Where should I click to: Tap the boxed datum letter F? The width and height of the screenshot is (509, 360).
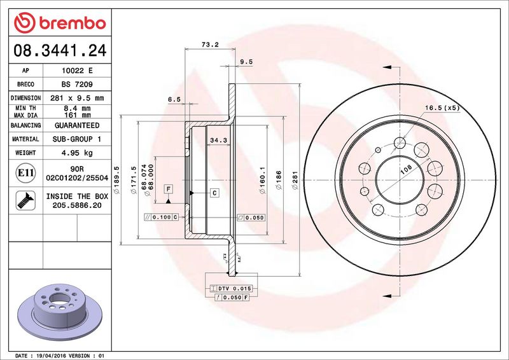169,189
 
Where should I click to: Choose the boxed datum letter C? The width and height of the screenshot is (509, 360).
214,192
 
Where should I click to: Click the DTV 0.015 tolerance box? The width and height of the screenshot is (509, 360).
229,289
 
